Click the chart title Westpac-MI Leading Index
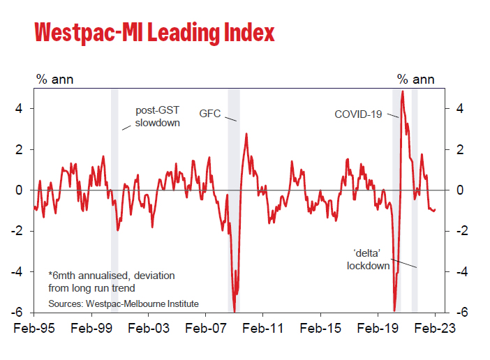pyautogui.click(x=154, y=33)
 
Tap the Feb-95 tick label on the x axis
pyautogui.click(x=34, y=327)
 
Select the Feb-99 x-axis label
pyautogui.click(x=91, y=327)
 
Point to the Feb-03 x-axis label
pyautogui.click(x=149, y=327)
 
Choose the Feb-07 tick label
pyautogui.click(x=206, y=327)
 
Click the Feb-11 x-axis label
pyautogui.click(x=263, y=327)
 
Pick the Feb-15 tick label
pyautogui.click(x=320, y=327)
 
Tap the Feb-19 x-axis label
pyautogui.click(x=378, y=327)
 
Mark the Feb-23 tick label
pyautogui.click(x=434, y=327)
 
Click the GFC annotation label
pyautogui.click(x=210, y=113)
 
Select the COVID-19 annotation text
pyautogui.click(x=358, y=114)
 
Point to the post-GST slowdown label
pyautogui.click(x=157, y=117)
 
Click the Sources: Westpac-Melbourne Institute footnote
pyautogui.click(x=124, y=303)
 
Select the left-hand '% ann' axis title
pyautogui.click(x=54, y=79)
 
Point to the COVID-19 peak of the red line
pyautogui.click(x=402, y=91)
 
